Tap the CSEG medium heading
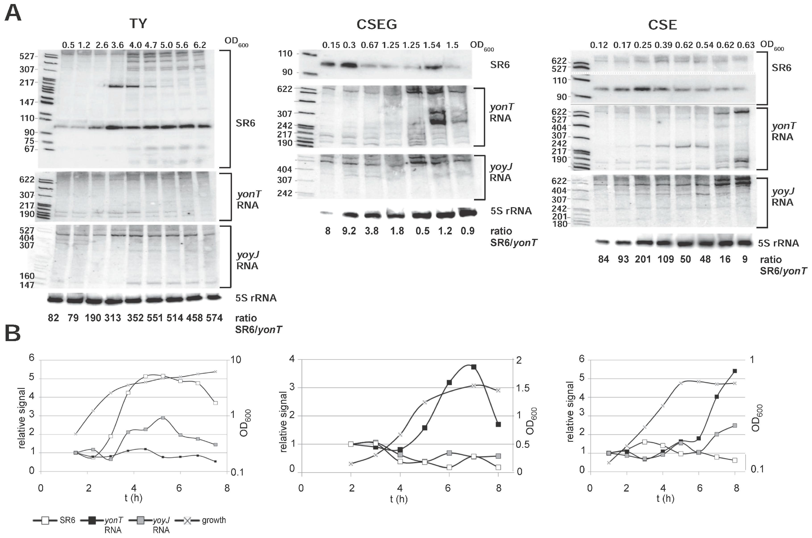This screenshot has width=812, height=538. pos(377,24)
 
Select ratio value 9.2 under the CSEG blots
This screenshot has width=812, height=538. pos(349,231)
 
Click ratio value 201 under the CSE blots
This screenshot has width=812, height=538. pos(643,259)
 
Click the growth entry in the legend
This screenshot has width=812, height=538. pos(213,520)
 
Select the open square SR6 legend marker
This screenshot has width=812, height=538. pos(45,521)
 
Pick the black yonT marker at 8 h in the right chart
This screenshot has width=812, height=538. pos(735,371)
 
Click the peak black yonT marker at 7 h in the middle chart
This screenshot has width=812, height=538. pos(474,367)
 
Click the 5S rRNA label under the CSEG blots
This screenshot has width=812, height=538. pos(511,211)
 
